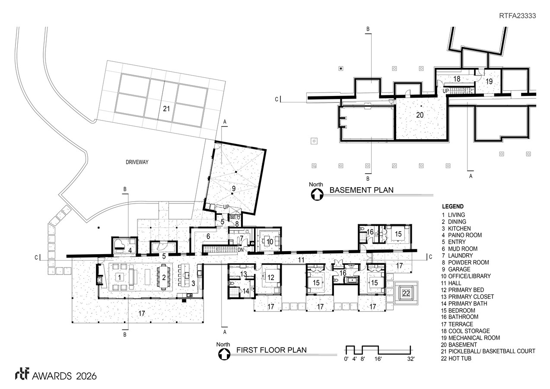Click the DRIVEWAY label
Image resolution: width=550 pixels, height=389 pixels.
pos(137,162)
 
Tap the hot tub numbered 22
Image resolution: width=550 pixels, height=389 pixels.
pos(406,293)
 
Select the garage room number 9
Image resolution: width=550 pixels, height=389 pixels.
pos(234,188)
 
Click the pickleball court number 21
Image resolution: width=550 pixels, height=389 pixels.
pos(166,108)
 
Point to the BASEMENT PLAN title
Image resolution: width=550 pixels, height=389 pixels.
pos(362,190)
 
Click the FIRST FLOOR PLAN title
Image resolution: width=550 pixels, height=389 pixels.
pos(271,350)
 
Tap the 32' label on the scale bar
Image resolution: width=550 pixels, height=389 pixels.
pos(411,359)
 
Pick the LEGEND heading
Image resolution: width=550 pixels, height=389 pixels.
pos(453,206)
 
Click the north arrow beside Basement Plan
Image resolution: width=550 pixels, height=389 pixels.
pos(317,194)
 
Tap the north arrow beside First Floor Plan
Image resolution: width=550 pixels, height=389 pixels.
pos(224,354)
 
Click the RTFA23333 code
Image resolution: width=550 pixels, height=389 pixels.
pos(518,16)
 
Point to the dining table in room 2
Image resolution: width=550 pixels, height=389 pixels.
pos(164,277)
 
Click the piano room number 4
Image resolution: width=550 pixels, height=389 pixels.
pos(130,250)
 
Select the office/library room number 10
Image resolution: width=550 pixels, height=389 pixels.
pos(270,242)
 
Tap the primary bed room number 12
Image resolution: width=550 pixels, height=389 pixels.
pos(270,277)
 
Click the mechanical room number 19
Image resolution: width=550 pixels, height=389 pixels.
pos(489,81)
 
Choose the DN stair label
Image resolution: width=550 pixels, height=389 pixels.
pos(241,250)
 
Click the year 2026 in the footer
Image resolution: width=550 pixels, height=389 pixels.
pos(86,376)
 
